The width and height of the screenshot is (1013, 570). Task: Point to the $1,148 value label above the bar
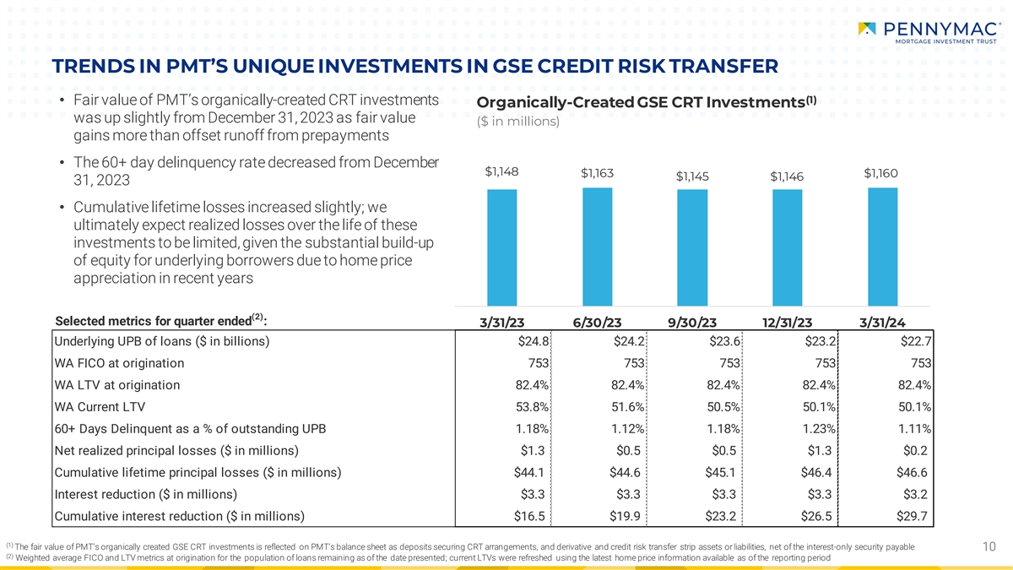click(501, 172)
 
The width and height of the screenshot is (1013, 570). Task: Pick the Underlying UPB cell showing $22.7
click(915, 341)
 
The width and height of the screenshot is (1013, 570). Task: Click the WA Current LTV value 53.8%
click(534, 407)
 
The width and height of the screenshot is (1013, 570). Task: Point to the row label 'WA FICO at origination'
click(119, 363)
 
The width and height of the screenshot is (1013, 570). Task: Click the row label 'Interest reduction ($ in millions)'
click(145, 495)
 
